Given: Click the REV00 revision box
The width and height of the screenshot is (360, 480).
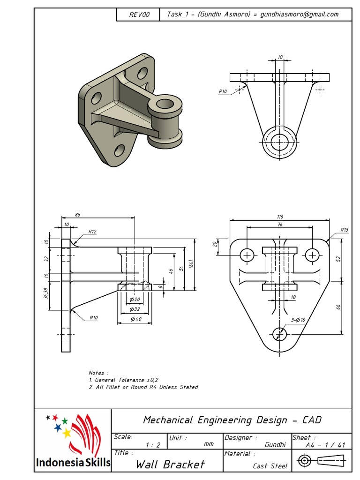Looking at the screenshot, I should (x=139, y=15).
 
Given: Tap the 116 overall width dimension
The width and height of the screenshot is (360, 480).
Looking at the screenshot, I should (x=280, y=217).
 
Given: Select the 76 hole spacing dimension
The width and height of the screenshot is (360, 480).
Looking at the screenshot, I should (x=280, y=225).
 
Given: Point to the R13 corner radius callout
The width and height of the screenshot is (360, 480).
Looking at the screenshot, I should (x=345, y=230).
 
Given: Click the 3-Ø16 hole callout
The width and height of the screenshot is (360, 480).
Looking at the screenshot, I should (x=298, y=320).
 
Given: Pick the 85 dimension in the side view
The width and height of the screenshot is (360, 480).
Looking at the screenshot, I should (x=77, y=215).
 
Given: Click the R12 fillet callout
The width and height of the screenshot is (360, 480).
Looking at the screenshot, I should (x=92, y=232).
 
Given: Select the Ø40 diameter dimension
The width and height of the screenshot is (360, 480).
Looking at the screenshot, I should (x=135, y=319).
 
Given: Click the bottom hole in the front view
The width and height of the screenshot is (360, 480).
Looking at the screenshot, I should (x=279, y=334).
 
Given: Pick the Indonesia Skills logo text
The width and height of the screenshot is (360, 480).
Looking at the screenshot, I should (x=73, y=463).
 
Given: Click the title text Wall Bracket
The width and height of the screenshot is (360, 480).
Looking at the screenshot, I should (x=170, y=465).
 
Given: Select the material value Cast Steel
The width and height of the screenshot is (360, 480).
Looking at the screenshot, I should (x=270, y=466).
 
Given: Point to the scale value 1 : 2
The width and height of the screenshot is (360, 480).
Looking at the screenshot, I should (x=153, y=445).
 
